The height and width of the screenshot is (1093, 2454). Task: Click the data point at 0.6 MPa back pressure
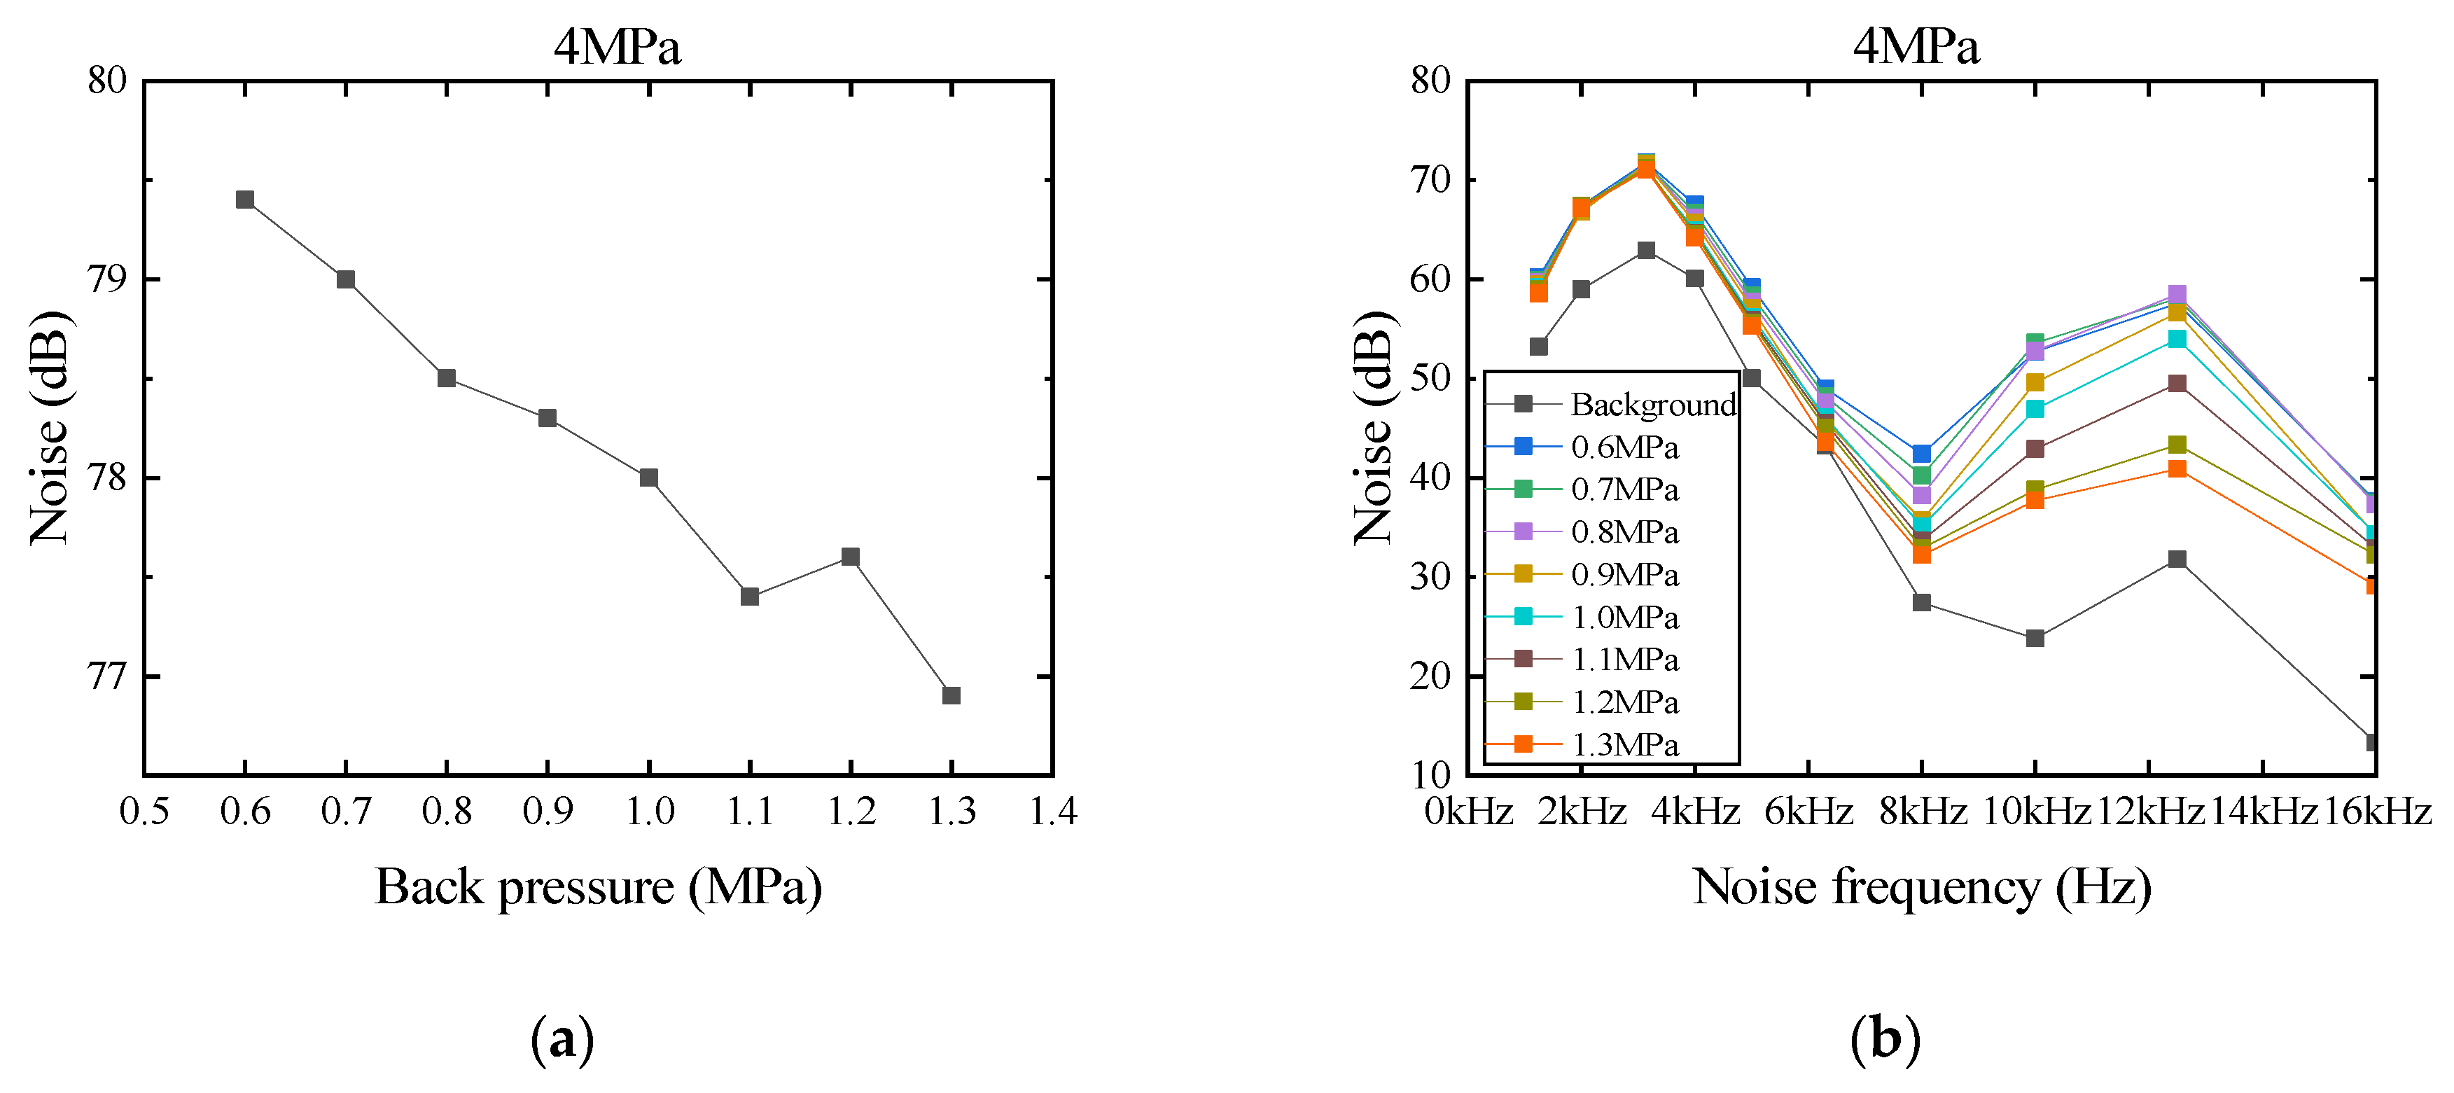click(x=245, y=199)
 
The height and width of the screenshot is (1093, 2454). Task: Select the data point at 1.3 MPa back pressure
click(x=951, y=695)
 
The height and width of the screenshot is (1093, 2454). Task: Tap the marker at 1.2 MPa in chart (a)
click(x=851, y=557)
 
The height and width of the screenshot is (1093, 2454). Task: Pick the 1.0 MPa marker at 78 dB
click(x=649, y=478)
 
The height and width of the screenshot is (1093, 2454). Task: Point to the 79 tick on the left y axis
click(x=106, y=279)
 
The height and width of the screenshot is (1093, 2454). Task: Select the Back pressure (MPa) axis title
click(x=598, y=887)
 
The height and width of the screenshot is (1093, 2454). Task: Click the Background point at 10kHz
click(x=2035, y=637)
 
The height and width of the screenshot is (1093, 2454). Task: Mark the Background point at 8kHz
click(x=1921, y=602)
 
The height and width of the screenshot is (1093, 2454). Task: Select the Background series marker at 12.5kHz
click(x=2177, y=559)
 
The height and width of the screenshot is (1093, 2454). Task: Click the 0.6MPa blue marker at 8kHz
click(x=1921, y=454)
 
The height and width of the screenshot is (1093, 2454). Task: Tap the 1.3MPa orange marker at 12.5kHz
click(x=2177, y=469)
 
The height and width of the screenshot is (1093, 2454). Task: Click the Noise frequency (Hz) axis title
click(x=1921, y=887)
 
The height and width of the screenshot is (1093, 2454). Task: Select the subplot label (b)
click(x=1884, y=1038)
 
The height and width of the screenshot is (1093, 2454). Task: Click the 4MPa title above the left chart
click(x=618, y=46)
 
